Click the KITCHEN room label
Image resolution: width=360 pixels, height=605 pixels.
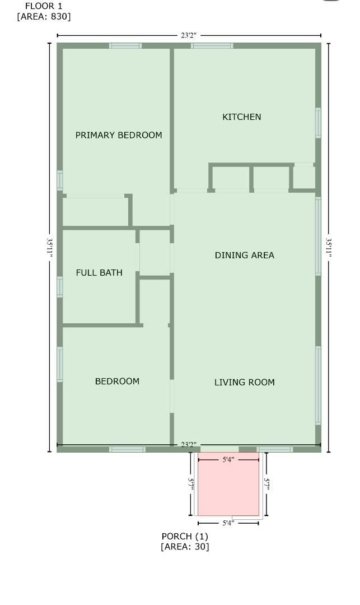[x=242, y=117]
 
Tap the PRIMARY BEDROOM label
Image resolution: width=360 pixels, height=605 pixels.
[x=119, y=135]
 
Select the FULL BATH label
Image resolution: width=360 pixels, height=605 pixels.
[x=99, y=273]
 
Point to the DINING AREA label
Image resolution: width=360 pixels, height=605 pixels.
[x=245, y=255]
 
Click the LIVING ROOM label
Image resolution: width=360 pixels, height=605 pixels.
[x=245, y=383]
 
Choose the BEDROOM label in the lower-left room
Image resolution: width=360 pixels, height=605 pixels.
[x=117, y=381]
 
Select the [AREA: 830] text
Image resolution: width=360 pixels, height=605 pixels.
[x=44, y=16]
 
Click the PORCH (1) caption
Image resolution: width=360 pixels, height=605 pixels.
[x=185, y=536]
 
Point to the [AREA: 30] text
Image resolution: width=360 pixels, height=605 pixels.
[x=185, y=546]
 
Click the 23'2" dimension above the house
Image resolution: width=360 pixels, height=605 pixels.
[x=189, y=35]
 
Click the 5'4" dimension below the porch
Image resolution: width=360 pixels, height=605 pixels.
[x=228, y=523]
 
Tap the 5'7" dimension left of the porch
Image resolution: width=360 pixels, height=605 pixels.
[x=191, y=484]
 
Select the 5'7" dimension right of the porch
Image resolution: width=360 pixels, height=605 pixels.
[x=267, y=484]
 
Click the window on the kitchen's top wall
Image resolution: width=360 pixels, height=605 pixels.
[x=212, y=45]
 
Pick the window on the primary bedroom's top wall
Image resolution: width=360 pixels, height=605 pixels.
[x=125, y=45]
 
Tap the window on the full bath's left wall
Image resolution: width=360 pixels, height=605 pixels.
[x=59, y=286]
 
